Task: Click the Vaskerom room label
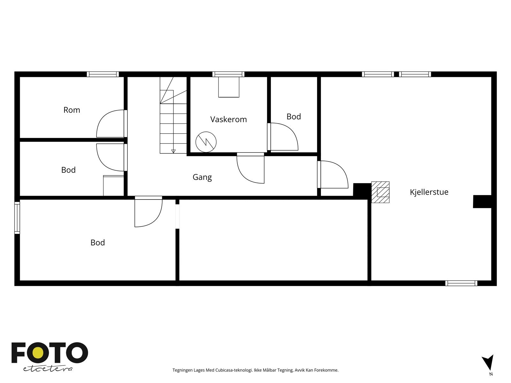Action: pyautogui.click(x=228, y=119)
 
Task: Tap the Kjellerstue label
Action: pyautogui.click(x=429, y=192)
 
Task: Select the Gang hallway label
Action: pyautogui.click(x=202, y=177)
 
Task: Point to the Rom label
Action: pyautogui.click(x=72, y=110)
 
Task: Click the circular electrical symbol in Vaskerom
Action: pyautogui.click(x=206, y=142)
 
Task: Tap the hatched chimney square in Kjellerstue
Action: pyautogui.click(x=380, y=192)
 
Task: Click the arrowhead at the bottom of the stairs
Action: pyautogui.click(x=173, y=151)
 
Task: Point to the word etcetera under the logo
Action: pyautogui.click(x=48, y=369)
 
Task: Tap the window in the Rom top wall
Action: pyautogui.click(x=103, y=74)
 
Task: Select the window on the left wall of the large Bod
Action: pyautogui.click(x=17, y=218)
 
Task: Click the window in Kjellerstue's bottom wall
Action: pyautogui.click(x=461, y=283)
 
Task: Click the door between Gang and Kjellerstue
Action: pyautogui.click(x=333, y=174)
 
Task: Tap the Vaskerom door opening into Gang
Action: pyautogui.click(x=250, y=168)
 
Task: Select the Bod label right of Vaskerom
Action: pyautogui.click(x=294, y=116)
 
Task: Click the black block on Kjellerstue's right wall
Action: pyautogui.click(x=482, y=201)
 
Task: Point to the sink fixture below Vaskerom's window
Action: pyautogui.click(x=229, y=87)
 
